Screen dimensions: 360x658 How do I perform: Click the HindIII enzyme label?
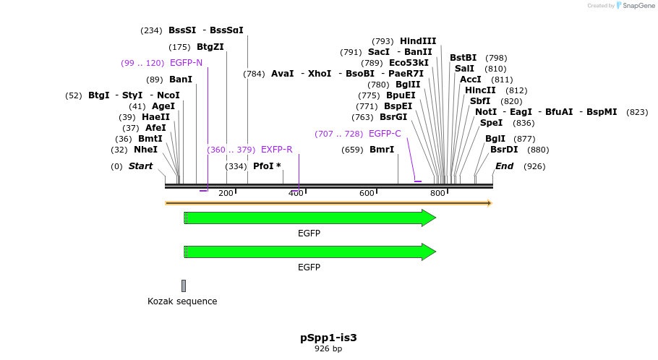pos(418,41)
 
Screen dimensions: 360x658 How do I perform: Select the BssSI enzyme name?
pos(182,30)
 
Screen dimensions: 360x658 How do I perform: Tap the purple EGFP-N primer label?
pos(186,63)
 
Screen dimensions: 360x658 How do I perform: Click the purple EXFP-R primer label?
pos(276,150)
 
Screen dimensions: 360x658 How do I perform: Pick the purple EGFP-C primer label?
pos(385,134)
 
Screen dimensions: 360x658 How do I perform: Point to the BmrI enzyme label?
pos(382,150)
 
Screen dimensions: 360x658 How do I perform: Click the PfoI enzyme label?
pos(263,166)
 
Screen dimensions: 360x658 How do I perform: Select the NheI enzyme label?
pos(145,150)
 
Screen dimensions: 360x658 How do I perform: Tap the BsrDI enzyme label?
pos(504,150)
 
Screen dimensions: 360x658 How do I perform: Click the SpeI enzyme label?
pos(491,123)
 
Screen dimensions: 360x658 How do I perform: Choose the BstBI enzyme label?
pos(463,58)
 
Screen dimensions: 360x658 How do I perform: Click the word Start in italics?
pos(140,166)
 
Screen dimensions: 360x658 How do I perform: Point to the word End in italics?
pos(504,166)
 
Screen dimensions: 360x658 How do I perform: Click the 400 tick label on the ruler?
pos(296,193)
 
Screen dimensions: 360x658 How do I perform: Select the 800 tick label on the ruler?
pos(437,193)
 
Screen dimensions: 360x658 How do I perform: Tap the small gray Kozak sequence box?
pos(184,286)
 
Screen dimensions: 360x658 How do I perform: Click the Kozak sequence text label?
pos(182,301)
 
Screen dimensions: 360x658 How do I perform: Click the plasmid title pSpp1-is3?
pos(328,338)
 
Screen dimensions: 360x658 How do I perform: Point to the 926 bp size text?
pos(328,348)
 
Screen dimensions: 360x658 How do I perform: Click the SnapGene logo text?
pos(638,5)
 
